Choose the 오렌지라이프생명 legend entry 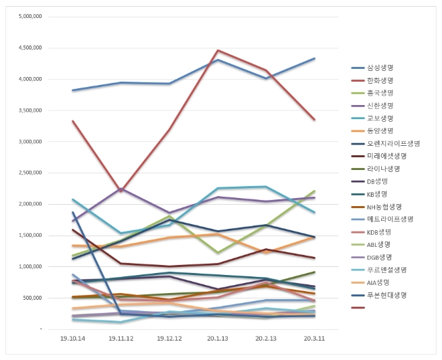pos(392,143)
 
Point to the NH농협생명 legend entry pos(384,206)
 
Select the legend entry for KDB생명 pos(378,232)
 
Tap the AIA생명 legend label pos(378,282)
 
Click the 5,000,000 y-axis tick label pos(31,16)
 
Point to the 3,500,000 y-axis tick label pos(31,110)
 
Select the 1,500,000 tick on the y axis pos(31,236)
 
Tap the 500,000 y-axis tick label pos(33,298)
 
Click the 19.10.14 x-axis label pos(72,339)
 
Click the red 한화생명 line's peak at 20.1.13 pos(218,50)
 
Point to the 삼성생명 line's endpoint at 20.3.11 pos(315,59)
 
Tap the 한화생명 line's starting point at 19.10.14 pos(72,121)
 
